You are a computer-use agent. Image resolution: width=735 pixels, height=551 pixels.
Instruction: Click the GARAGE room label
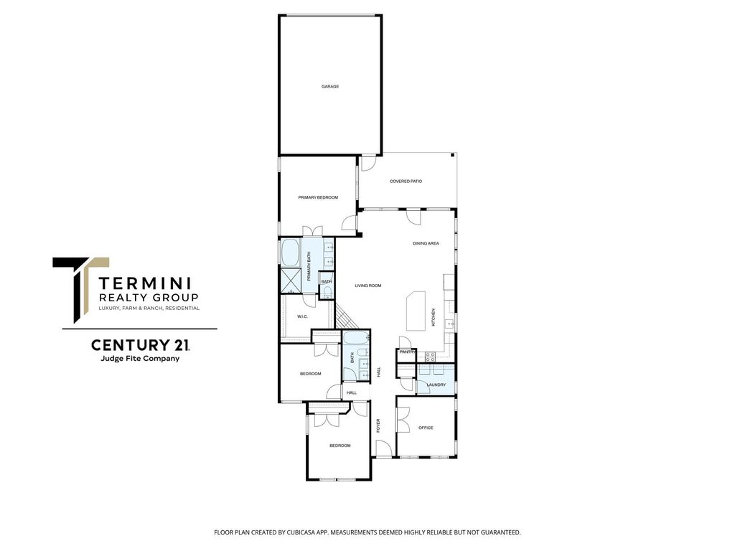click(330, 87)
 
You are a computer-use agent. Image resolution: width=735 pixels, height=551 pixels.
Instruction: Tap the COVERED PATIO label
click(406, 182)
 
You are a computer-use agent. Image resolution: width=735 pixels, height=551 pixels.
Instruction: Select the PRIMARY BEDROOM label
click(318, 198)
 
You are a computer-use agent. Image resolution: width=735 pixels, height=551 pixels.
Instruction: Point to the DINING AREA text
click(426, 244)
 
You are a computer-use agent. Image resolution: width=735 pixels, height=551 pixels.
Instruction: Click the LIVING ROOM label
click(368, 286)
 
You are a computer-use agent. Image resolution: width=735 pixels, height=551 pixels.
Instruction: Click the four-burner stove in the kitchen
click(431, 356)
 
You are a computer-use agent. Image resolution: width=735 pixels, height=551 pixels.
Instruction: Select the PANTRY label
click(407, 352)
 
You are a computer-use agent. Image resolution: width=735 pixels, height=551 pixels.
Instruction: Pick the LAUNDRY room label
click(436, 385)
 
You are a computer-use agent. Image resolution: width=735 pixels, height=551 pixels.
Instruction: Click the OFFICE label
click(426, 428)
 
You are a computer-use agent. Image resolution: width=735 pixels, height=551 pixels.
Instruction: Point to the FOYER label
click(378, 425)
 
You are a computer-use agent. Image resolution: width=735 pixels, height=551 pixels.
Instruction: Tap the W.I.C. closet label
click(302, 316)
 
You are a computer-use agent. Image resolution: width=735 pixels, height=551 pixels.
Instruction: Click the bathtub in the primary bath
click(290, 253)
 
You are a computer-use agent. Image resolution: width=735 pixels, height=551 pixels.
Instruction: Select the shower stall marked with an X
click(290, 281)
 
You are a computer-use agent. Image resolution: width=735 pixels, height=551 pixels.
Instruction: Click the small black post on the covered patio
click(453, 156)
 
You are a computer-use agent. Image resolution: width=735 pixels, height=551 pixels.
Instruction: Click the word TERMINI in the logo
click(145, 283)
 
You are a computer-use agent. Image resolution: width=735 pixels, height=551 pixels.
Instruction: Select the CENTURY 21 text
click(140, 345)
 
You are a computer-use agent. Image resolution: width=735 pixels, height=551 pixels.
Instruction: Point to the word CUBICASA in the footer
click(301, 532)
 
